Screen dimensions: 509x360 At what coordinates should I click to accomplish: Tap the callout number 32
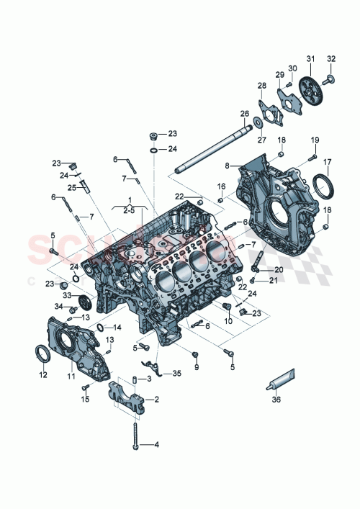point(331,58)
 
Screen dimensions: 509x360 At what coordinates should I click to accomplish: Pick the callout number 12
point(42,375)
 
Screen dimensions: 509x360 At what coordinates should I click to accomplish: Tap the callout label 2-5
point(130,210)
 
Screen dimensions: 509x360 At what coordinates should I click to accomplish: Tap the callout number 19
point(315,140)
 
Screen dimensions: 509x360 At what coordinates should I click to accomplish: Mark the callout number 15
point(85,399)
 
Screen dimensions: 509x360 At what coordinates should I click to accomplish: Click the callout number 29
point(280,76)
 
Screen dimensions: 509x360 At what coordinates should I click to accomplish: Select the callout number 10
point(228,320)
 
